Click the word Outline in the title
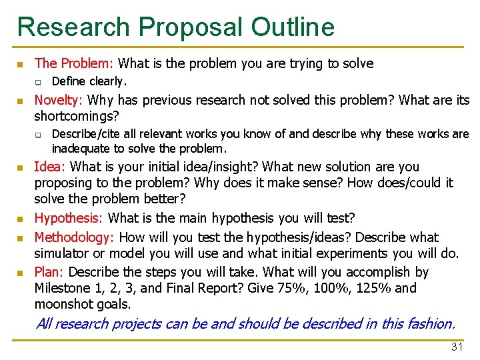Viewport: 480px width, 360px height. [293, 27]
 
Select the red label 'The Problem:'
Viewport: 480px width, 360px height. [74, 64]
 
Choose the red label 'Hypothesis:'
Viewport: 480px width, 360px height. [69, 218]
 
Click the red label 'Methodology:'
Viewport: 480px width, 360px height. [74, 237]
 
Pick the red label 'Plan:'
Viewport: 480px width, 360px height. [49, 272]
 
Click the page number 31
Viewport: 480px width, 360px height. [457, 347]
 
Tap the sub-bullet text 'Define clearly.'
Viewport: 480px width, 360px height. [89, 81]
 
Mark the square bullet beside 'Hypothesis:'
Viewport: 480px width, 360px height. [21, 219]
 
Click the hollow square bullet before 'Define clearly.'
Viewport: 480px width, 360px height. [39, 83]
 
